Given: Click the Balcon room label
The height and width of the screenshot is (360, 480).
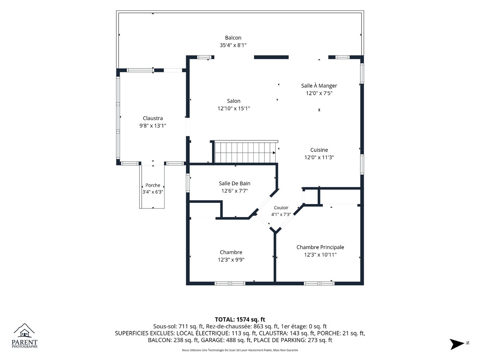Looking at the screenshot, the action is click(233, 38).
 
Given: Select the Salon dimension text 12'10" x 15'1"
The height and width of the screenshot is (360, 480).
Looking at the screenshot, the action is click(234, 108).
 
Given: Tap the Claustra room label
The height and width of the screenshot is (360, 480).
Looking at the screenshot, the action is click(153, 118).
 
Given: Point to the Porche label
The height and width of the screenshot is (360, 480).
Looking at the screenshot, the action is click(153, 185).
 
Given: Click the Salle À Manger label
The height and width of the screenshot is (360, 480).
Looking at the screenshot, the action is click(319, 86).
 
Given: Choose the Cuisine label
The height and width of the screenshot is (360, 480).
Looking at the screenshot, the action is click(319, 150).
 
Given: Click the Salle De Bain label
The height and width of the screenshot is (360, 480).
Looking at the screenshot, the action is click(234, 183).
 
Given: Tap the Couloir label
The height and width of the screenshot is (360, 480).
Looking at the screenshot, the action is click(281, 208).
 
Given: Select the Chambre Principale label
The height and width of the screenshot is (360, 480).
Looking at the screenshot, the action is click(320, 247).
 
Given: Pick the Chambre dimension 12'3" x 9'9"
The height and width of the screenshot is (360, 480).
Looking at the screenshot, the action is click(231, 260).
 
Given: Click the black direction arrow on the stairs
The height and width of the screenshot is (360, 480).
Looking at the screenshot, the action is click(274, 153).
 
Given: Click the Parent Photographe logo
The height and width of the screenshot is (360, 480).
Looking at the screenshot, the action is click(24, 336).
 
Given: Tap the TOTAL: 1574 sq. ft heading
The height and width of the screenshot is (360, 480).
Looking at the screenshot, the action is click(240, 320).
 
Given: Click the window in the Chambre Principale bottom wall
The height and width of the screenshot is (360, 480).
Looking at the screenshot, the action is click(319, 284).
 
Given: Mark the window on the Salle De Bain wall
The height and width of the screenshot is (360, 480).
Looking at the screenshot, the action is click(188, 183).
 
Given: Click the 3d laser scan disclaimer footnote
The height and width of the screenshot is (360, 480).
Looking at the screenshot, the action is click(240, 350).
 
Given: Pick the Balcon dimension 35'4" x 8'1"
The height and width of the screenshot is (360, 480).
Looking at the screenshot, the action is click(233, 45).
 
